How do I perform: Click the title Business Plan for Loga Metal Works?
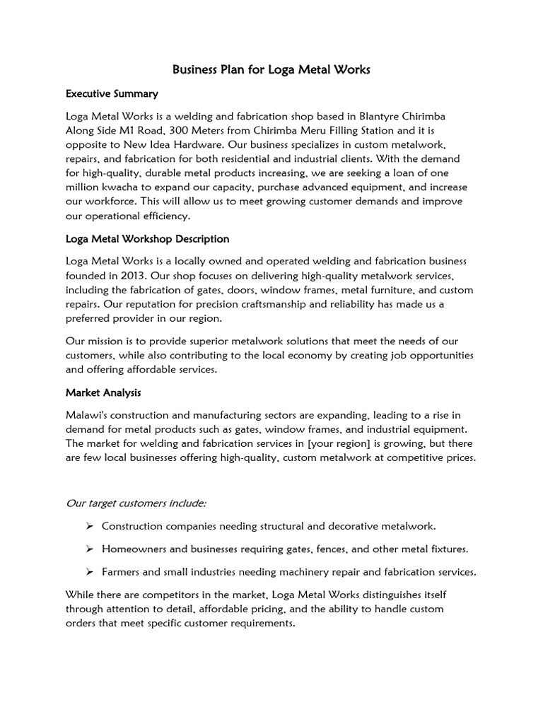coord(271,70)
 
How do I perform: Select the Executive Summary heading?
coord(112,93)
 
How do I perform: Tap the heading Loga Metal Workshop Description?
coord(147,239)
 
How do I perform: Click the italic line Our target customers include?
coord(136,503)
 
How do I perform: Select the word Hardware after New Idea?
coord(184,144)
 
